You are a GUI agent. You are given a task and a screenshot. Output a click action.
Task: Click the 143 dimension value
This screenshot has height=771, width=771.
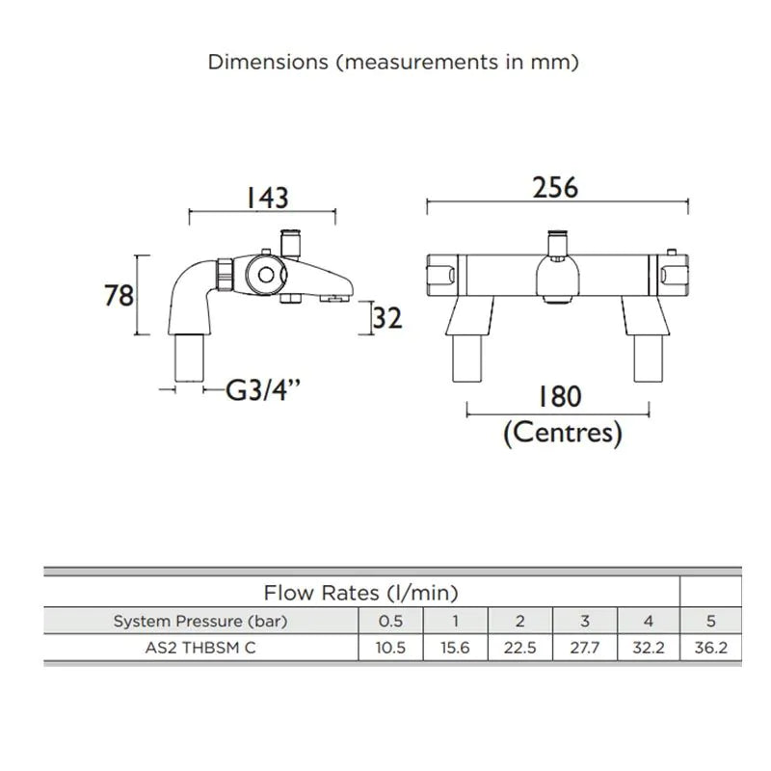267,198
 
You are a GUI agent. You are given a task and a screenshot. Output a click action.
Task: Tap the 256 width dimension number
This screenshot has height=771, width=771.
555,188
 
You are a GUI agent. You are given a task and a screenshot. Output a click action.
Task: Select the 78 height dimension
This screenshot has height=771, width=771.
119,296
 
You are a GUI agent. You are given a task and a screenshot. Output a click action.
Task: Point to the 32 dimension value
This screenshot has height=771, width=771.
387,318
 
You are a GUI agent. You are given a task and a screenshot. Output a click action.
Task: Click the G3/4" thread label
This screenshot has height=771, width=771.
262,391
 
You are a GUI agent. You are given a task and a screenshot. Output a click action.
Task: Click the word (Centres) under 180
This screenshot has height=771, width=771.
563,433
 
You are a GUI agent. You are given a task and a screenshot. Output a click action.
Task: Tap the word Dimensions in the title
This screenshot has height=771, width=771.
268,62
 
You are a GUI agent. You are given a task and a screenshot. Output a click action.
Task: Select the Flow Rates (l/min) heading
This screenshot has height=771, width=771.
360,593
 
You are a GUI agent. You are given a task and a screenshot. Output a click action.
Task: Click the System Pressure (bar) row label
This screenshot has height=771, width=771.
200,621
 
